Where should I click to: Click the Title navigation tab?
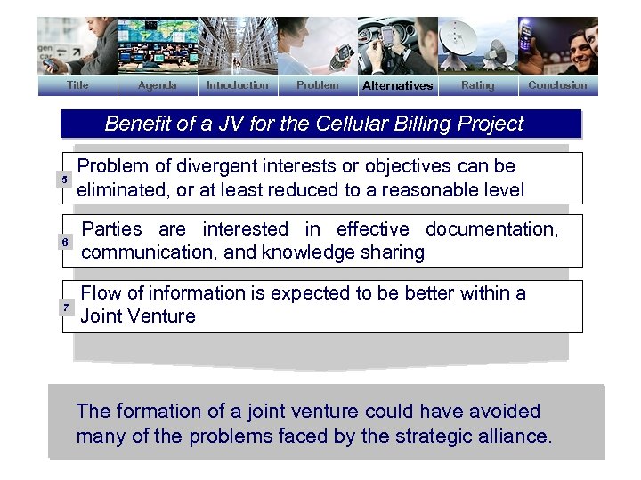[77, 85]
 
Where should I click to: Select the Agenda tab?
[157, 85]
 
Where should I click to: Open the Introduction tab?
[237, 85]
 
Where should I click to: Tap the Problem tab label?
[317, 85]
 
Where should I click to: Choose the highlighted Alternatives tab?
[397, 86]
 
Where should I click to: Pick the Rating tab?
[477, 85]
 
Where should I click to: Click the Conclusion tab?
[557, 85]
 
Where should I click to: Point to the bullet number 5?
[64, 180]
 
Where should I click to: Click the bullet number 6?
[64, 243]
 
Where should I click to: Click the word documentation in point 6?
[492, 229]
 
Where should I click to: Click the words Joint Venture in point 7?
[138, 316]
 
